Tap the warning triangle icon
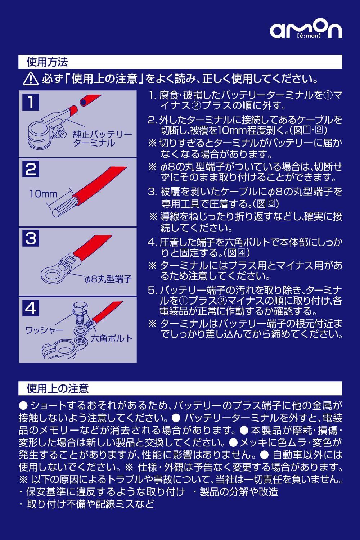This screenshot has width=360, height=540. coord(31,79)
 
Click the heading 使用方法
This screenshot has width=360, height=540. coord(47,62)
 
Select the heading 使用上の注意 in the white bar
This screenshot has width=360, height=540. coord(58,388)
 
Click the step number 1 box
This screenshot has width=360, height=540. coord(31,102)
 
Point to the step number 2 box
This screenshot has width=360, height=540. coord(31,169)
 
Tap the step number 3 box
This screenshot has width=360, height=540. coord(31,238)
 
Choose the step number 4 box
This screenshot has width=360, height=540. coord(31,308)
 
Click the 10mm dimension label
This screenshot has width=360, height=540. coord(43,194)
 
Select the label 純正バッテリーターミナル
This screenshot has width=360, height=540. coord(103,139)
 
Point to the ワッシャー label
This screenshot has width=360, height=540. coord(44,330)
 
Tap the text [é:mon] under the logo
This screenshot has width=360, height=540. coord(309,36)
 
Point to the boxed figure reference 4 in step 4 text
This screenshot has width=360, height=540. coord(242,253)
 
